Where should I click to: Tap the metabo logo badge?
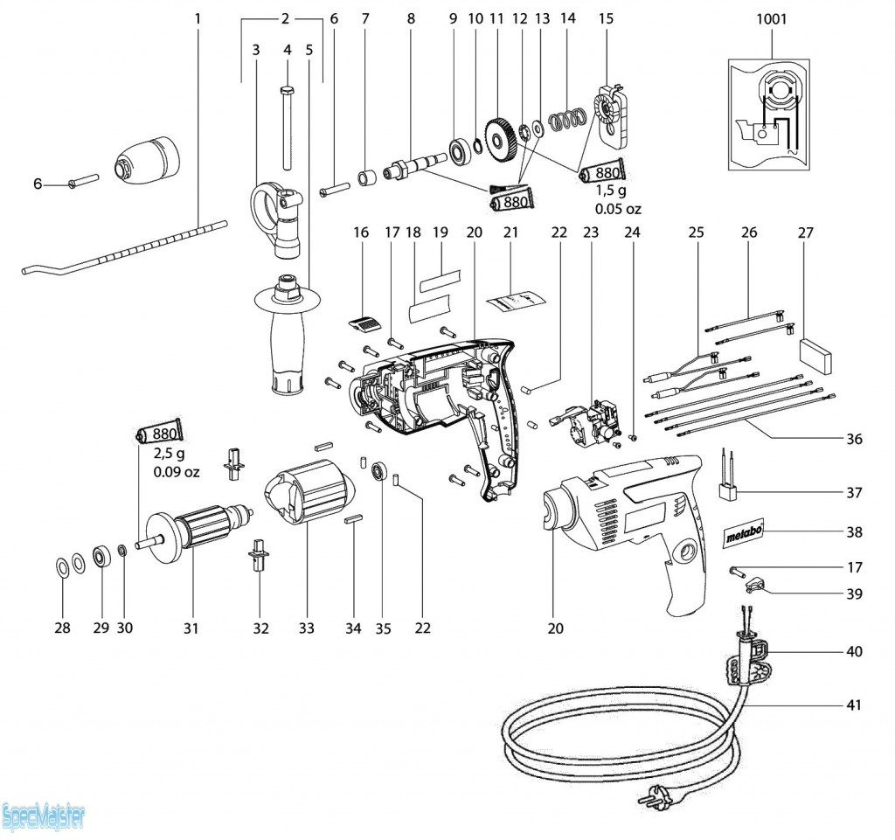tap(746, 533)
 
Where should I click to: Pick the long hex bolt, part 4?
tap(287, 127)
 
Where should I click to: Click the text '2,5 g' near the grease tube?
tap(170, 455)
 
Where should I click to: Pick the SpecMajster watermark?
tap(44, 818)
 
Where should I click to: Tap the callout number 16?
tap(362, 233)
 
